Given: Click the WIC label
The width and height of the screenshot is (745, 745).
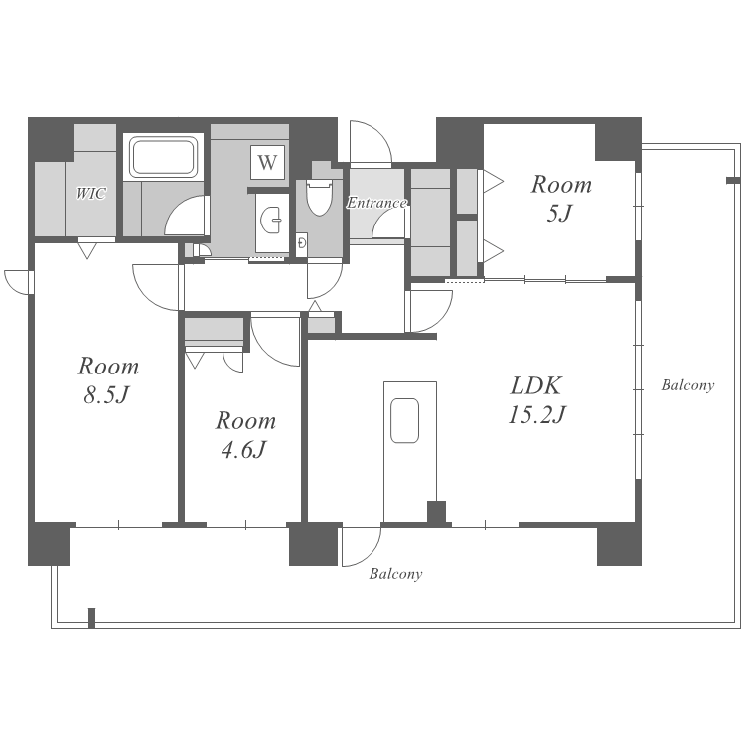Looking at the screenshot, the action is tap(91, 194).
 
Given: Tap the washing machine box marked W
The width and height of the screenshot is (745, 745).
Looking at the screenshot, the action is tap(267, 162).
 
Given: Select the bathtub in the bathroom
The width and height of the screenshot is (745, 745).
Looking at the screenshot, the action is tap(164, 156).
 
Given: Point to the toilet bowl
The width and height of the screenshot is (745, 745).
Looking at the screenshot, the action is tap(319, 197).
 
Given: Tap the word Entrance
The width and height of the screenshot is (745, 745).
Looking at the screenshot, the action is tap(376, 203).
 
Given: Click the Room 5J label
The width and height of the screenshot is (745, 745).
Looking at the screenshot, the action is tap(561, 198).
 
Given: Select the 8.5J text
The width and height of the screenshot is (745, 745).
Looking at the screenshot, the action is tap(107, 394).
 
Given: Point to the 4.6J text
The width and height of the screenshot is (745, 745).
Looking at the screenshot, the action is tap(243, 449).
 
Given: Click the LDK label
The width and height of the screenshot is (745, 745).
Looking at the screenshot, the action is tap(536, 385).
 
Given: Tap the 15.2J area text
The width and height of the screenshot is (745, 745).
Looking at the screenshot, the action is tap(536, 414).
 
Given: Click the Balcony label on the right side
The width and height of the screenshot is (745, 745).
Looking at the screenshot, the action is tap(687, 385).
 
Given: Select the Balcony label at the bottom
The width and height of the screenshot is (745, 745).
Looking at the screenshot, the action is tap(395, 574).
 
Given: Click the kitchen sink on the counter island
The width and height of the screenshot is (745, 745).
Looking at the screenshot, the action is tap(405, 420).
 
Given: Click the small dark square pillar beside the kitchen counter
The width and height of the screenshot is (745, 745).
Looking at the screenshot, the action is tap(436, 512).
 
